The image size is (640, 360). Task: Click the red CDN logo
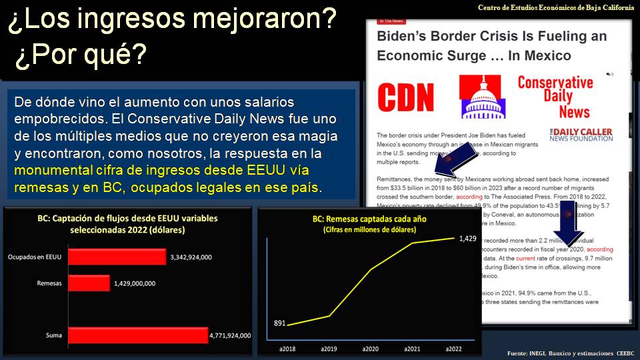(405, 97)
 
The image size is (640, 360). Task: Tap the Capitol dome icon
(484, 97)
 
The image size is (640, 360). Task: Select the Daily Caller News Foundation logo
(581, 134)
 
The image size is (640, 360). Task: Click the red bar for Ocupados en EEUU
(117, 257)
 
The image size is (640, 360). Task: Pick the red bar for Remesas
(89, 283)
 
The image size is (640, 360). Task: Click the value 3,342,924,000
(197, 257)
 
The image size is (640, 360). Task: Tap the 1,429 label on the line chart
(467, 238)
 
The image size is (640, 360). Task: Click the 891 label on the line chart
(280, 323)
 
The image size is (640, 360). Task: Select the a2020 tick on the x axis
(371, 349)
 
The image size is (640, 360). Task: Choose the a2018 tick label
(287, 349)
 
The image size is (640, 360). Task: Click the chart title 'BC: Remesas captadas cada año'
(369, 219)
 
